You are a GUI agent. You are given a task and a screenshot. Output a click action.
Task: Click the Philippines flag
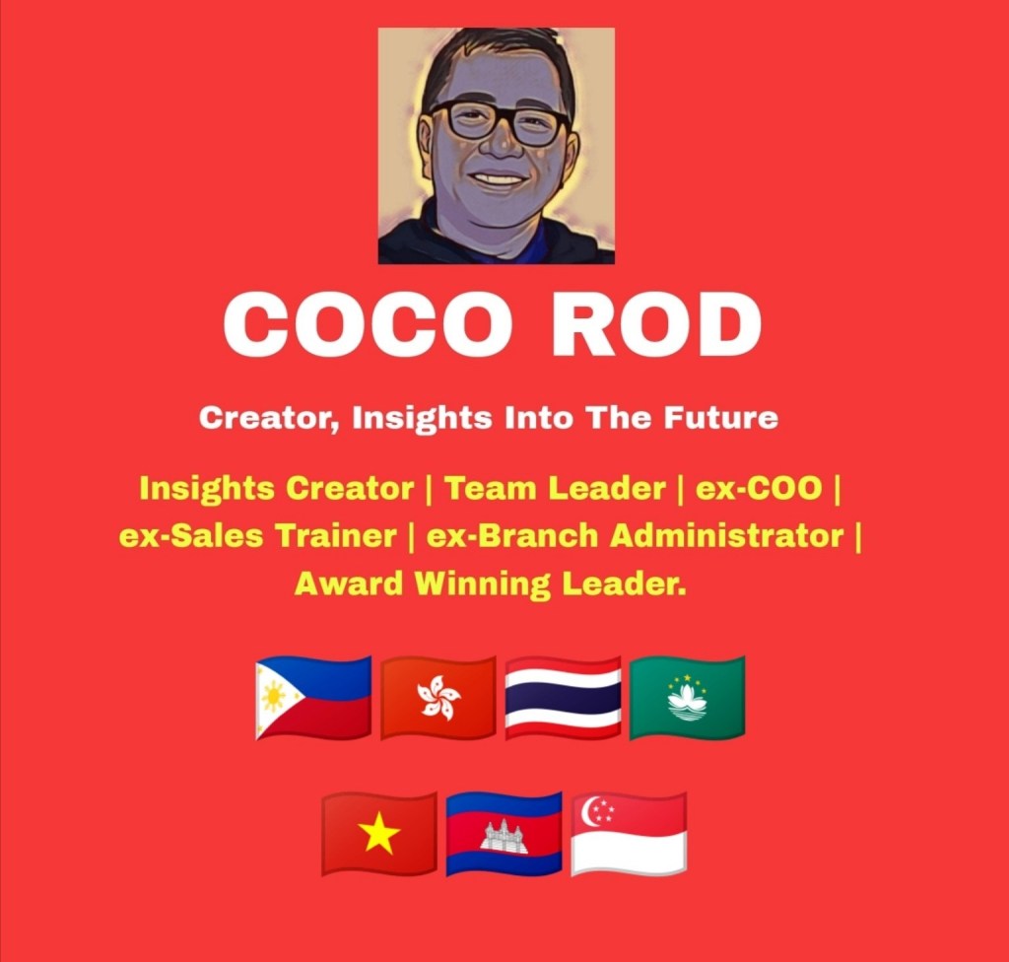pos(313,698)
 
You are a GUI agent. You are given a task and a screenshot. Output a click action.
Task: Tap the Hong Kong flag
pos(438,698)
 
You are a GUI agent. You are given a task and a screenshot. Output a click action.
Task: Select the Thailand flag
pos(563,698)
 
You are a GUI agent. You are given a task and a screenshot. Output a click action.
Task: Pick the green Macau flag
pos(687,698)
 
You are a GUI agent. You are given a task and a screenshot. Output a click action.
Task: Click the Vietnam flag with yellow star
pos(379,834)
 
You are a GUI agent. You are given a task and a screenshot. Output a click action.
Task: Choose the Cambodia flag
pos(504,834)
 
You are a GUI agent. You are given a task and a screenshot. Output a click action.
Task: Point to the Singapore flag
pos(629,834)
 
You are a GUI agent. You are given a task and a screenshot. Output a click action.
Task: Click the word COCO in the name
pos(368,323)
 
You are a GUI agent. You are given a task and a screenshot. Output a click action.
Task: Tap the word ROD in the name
pos(655,323)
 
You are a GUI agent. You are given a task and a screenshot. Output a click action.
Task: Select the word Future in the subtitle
pos(720,418)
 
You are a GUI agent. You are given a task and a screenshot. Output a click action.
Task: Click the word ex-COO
pos(760,488)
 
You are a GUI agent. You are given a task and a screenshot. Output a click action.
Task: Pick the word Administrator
pos(726,536)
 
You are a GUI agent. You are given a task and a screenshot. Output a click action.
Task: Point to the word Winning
pos(482,584)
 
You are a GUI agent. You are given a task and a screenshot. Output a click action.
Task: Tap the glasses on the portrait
pos(500,121)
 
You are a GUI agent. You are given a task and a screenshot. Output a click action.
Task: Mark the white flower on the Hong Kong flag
pos(438,697)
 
